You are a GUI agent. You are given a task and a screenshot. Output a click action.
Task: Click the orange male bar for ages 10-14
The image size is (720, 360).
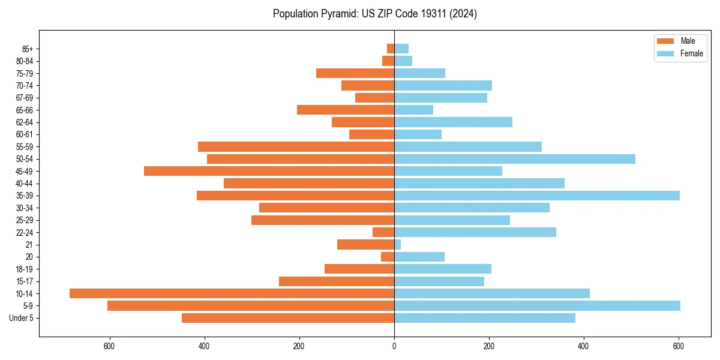232,293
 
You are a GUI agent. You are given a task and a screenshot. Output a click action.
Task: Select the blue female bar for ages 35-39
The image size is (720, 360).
537,196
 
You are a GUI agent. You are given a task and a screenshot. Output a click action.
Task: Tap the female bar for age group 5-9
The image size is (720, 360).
537,305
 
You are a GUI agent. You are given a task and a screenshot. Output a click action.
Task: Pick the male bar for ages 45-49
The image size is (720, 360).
269,171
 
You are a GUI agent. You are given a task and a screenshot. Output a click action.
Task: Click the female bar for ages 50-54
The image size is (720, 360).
515,159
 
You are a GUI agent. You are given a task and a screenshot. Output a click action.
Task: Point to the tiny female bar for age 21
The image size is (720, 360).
398,244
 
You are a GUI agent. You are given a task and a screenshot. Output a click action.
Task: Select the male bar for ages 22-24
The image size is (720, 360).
383,232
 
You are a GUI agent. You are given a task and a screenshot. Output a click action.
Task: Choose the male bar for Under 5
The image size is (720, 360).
288,318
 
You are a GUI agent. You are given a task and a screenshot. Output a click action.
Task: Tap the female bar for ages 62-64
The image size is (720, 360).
453,122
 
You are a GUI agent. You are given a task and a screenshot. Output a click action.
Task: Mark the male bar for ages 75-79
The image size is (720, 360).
355,73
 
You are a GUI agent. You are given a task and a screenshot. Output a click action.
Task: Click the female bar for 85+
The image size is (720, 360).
401,49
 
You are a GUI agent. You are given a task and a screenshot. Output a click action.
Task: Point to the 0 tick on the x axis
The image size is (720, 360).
394,346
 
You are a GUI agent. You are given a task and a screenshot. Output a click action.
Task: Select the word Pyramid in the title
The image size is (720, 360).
337,14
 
